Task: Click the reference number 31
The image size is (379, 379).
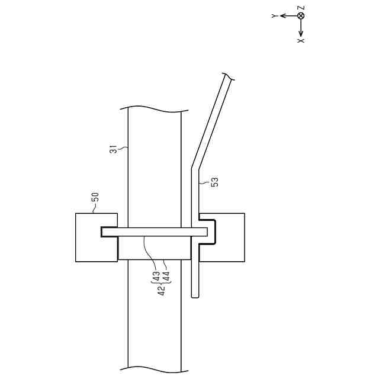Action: tap(113, 149)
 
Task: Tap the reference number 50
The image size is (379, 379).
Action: tap(95, 197)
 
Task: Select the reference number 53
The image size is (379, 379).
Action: tap(214, 182)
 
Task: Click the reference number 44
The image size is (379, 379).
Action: tap(166, 277)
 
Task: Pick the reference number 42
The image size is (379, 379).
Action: tap(162, 290)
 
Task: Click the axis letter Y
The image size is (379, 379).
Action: tap(274, 16)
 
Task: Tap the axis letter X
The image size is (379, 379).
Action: tap(301, 41)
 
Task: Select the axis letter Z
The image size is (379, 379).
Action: tap(301, 8)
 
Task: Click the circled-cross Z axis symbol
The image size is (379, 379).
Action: tap(301, 16)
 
